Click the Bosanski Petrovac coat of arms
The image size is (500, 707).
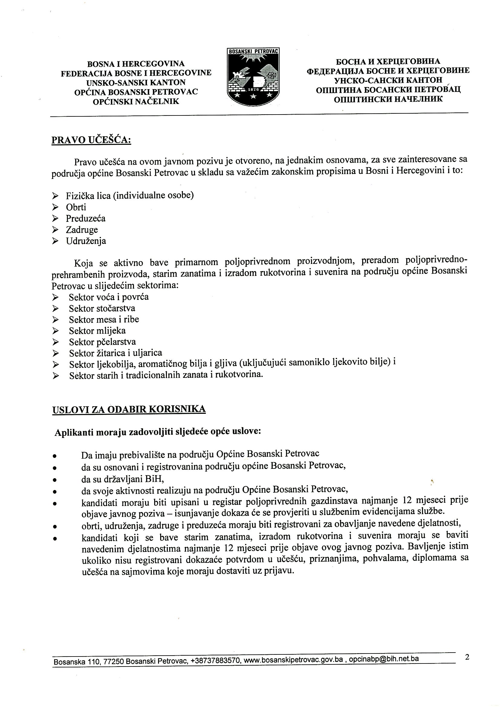253,77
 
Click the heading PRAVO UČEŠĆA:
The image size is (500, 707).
91,140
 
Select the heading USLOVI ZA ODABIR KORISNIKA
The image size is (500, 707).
129,409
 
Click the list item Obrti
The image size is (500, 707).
76,207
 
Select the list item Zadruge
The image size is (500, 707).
82,230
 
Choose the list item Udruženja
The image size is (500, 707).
86,241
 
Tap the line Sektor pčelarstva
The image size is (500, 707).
102,342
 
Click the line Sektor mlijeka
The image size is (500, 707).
97,331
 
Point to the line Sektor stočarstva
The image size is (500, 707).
102,308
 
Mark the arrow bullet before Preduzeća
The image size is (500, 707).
55,219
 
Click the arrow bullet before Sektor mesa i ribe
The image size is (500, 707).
55,319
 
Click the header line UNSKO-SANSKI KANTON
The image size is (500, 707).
136,83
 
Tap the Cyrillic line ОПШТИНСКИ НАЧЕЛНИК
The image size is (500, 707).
388,99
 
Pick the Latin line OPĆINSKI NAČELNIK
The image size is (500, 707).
136,102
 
